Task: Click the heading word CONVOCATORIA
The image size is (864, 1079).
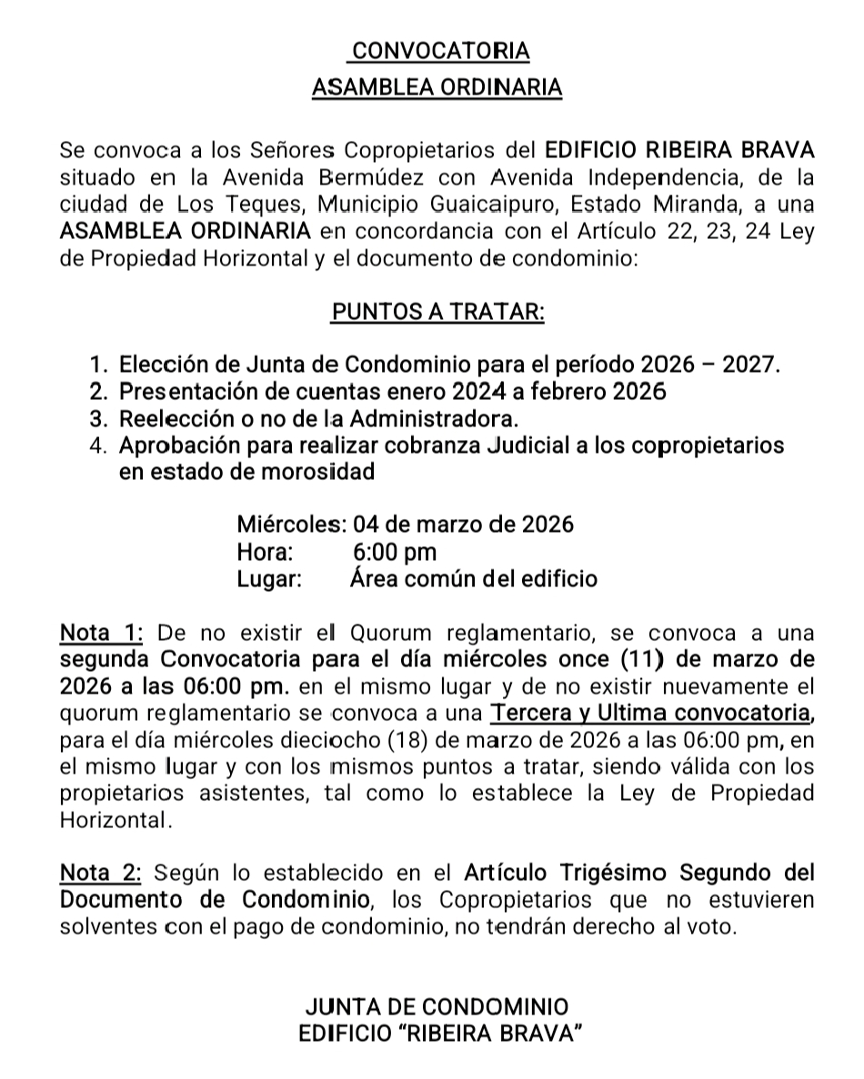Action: (439, 52)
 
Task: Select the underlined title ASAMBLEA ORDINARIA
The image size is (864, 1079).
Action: (437, 88)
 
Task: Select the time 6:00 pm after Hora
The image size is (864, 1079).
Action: (394, 552)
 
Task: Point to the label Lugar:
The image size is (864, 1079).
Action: (269, 578)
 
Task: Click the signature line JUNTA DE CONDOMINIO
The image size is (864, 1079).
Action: (437, 1007)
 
